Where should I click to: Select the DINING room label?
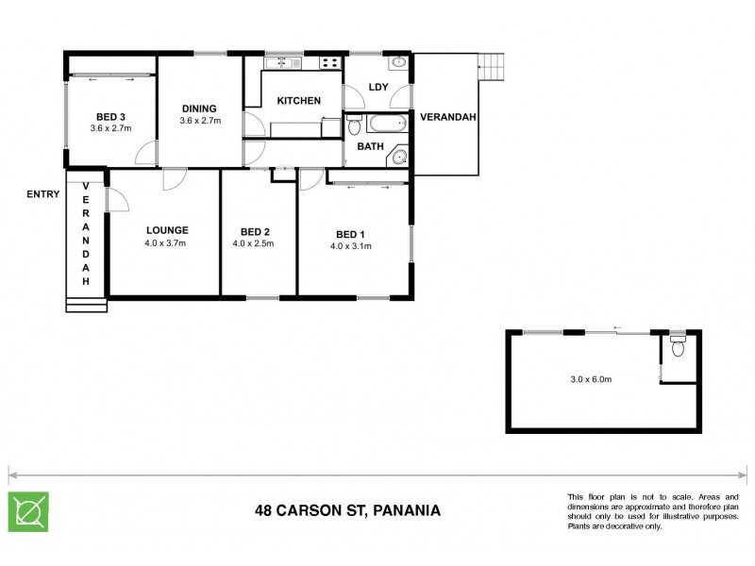tap(199, 108)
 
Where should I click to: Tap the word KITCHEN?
tap(298, 101)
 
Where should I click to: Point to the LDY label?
tap(378, 88)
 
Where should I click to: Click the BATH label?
tap(370, 147)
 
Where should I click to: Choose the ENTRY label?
tap(43, 195)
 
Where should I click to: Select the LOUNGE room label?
tap(167, 230)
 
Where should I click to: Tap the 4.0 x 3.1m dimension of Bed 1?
tap(350, 247)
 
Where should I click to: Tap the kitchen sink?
tap(281, 63)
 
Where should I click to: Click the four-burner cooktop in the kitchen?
tap(329, 63)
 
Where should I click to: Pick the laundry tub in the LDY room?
tap(398, 63)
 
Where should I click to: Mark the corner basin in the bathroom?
tap(398, 158)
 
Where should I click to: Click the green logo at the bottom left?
tap(28, 511)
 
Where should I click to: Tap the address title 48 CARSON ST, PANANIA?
tap(347, 511)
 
